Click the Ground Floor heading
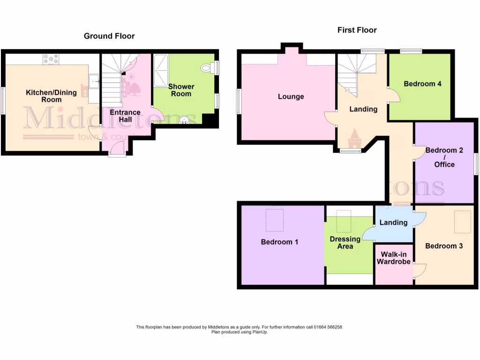pos(109,36)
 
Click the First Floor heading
pos(357,30)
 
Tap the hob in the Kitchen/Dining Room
pos(51,60)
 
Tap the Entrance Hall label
pos(125,116)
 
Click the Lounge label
pos(291,97)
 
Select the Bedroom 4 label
pos(422,84)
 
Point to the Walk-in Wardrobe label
pos(393,258)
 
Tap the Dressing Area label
pos(345,242)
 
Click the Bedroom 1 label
pos(279,242)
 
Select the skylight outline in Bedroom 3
pos(463,222)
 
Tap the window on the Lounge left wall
pos(238,101)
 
